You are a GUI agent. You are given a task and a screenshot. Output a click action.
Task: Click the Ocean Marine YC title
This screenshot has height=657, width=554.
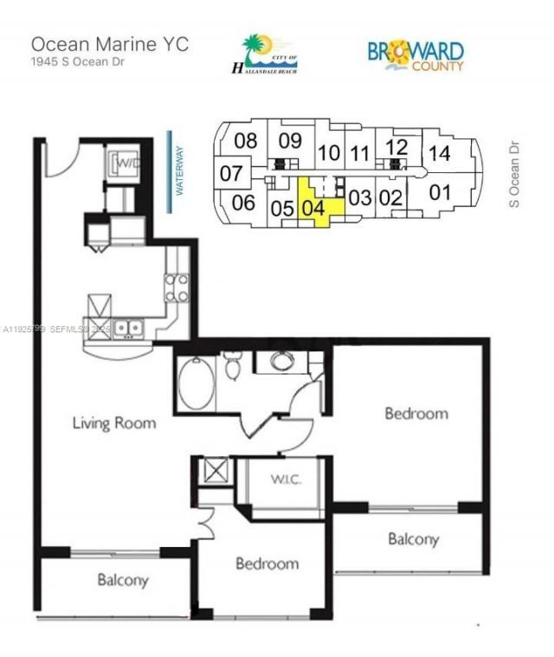pyautogui.click(x=109, y=43)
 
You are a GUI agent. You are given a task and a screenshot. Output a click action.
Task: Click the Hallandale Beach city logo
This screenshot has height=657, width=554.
pyautogui.click(x=265, y=54)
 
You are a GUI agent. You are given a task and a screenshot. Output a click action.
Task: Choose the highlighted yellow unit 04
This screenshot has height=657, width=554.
pyautogui.click(x=313, y=207)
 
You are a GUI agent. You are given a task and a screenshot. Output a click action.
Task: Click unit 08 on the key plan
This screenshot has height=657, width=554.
pyautogui.click(x=247, y=141)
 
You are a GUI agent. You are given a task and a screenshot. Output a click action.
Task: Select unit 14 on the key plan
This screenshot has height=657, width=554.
pyautogui.click(x=440, y=153)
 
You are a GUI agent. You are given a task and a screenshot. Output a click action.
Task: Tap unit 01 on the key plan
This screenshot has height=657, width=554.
pyautogui.click(x=441, y=191)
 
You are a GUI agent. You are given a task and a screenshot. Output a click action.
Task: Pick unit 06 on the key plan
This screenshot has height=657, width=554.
pyautogui.click(x=244, y=203)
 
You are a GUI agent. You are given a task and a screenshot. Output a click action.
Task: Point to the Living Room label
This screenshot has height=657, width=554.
pyautogui.click(x=114, y=423)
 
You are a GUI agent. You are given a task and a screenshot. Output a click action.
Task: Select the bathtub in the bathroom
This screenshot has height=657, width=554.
pyautogui.click(x=196, y=383)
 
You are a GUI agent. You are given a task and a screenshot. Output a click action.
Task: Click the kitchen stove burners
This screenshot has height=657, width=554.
pyautogui.click(x=177, y=288)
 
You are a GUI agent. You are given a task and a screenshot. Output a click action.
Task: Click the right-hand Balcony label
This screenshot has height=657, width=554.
pyautogui.click(x=413, y=539)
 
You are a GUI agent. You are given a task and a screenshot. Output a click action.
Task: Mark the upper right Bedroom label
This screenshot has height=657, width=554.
pyautogui.click(x=416, y=413)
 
